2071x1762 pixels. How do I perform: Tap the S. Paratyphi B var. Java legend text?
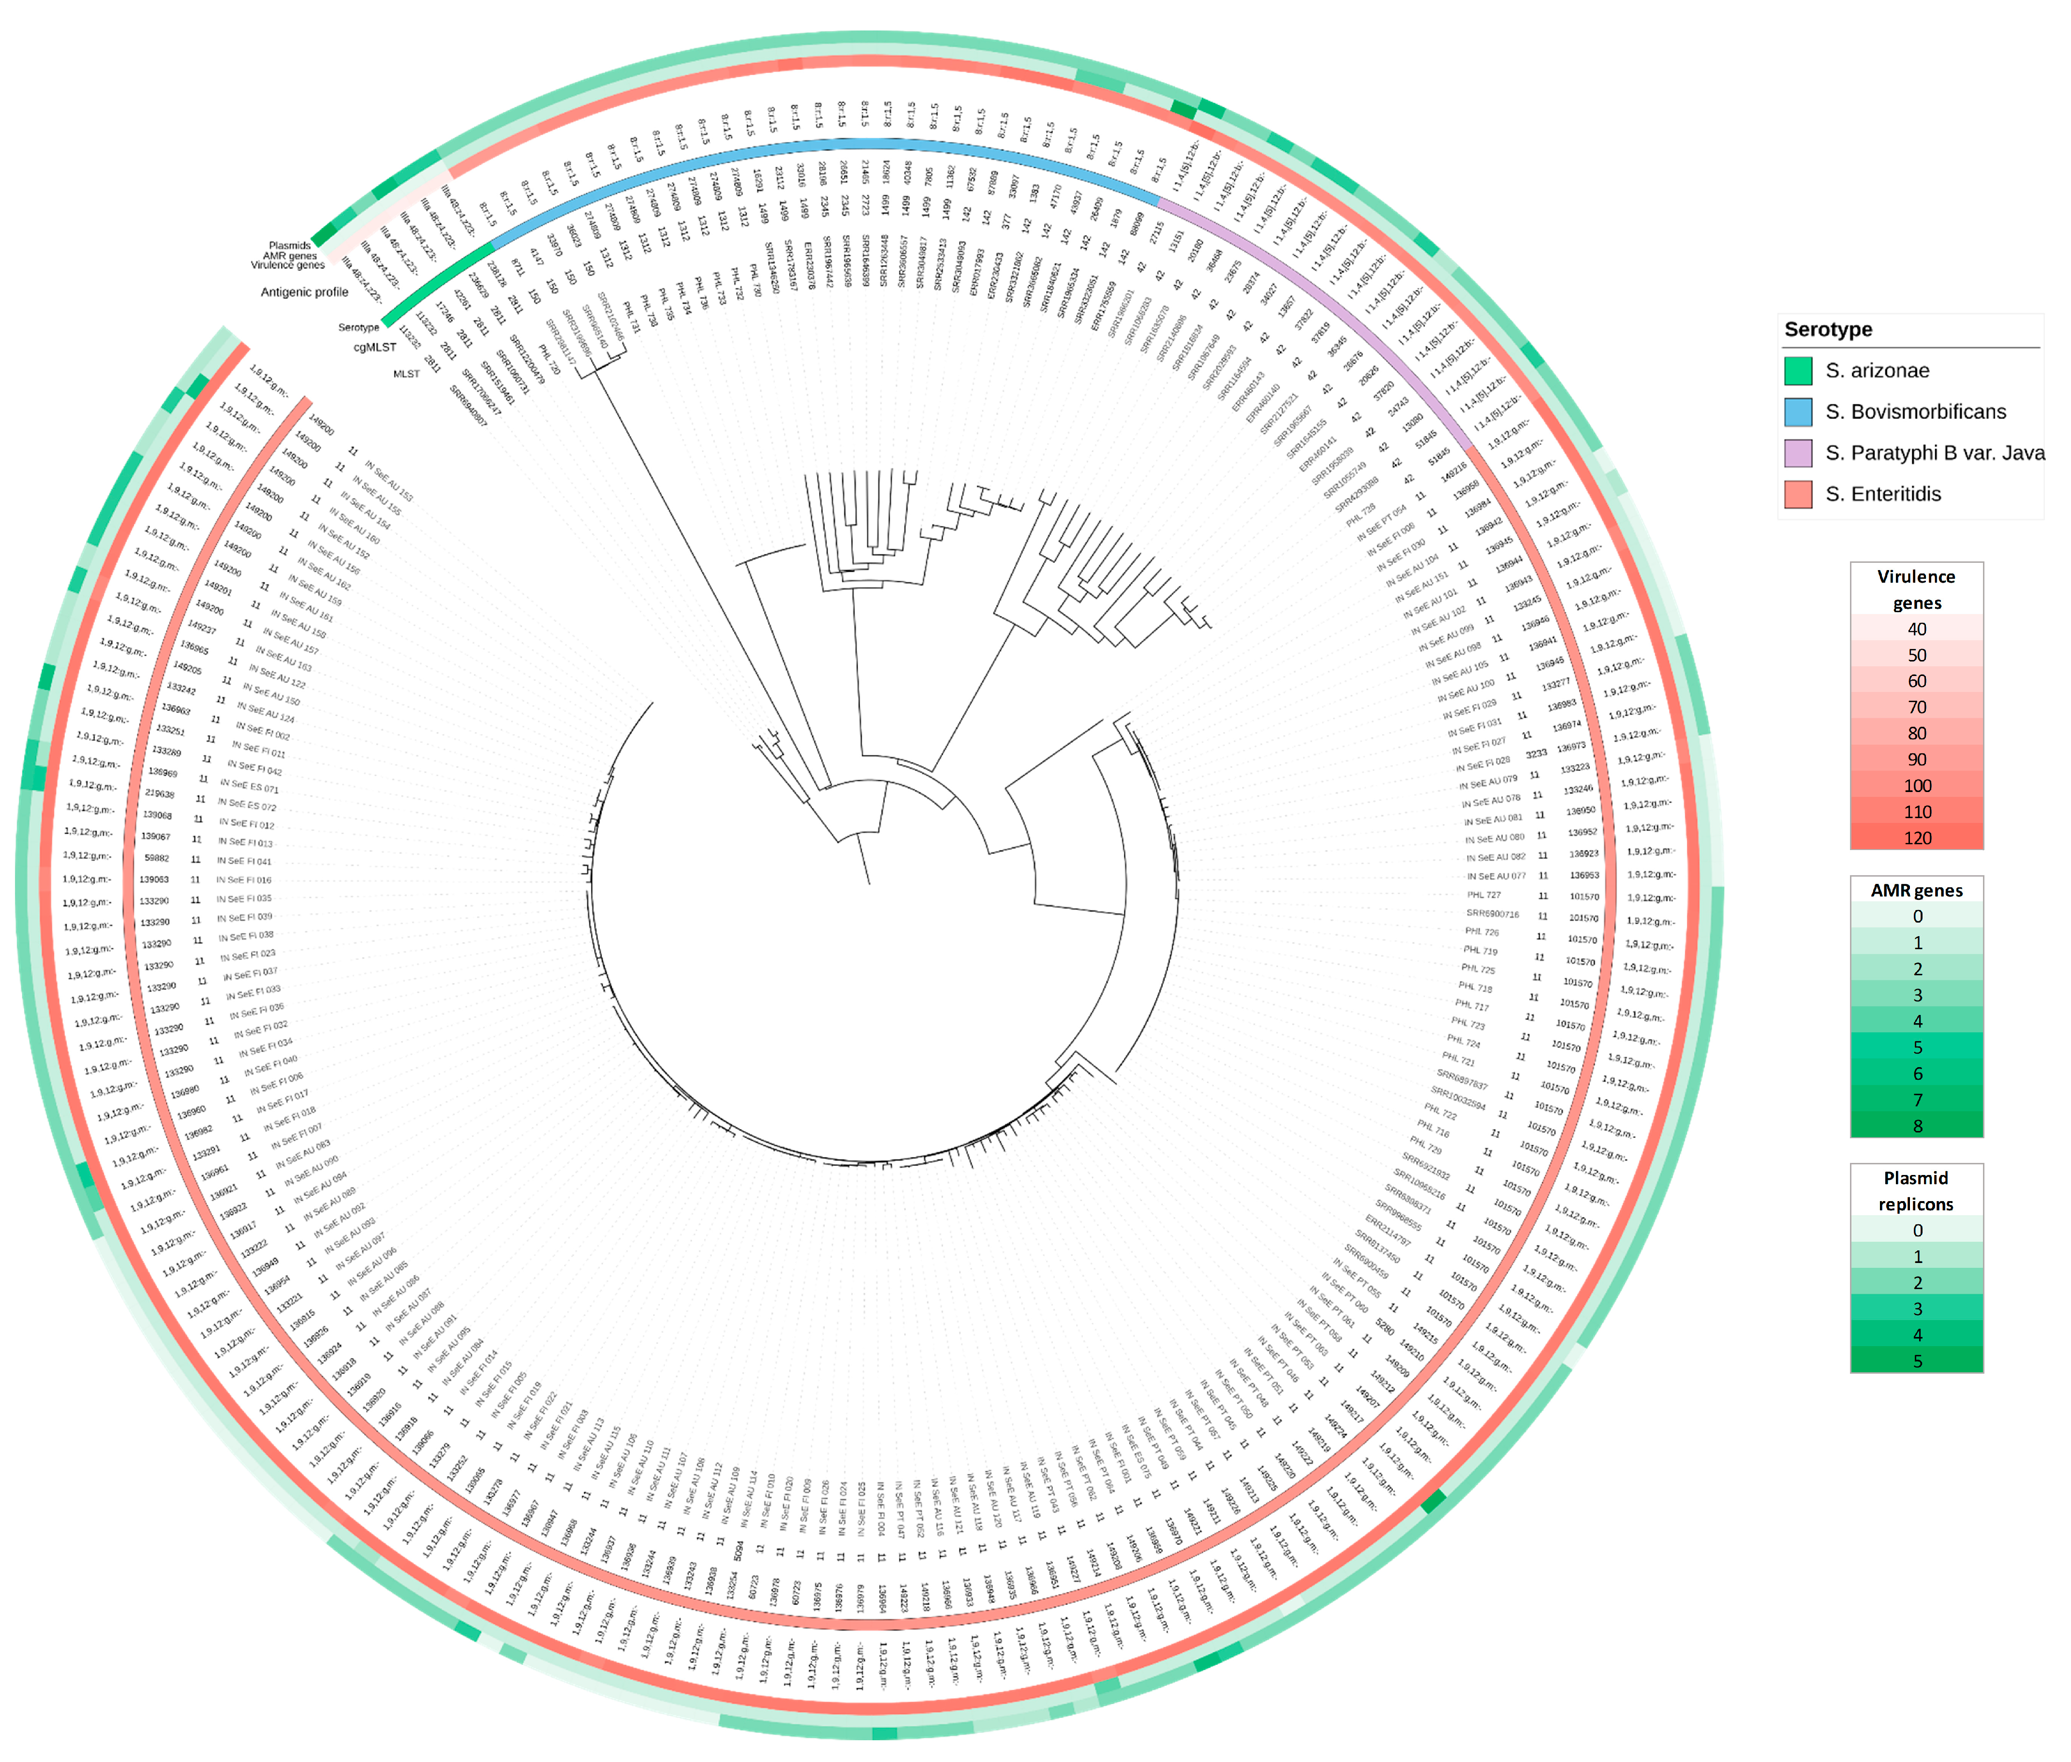(x=1934, y=453)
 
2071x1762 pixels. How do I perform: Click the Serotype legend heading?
(x=1828, y=330)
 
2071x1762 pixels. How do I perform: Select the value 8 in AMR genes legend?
(x=1916, y=1126)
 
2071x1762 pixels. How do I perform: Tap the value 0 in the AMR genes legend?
(x=1916, y=916)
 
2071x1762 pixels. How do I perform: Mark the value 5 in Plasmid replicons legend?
(x=1916, y=1361)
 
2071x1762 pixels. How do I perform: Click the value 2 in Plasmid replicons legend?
(x=1916, y=1282)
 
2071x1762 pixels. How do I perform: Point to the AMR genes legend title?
(x=1916, y=890)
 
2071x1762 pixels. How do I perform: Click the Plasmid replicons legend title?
(x=1916, y=1190)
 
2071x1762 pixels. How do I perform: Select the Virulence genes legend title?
(x=1916, y=589)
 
